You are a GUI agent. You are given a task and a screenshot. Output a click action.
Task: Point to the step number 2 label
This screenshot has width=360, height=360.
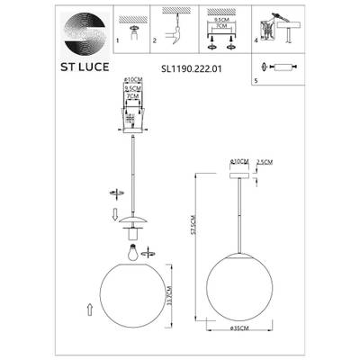[154, 41]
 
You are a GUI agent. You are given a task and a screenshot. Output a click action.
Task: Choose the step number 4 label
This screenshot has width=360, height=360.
[256, 41]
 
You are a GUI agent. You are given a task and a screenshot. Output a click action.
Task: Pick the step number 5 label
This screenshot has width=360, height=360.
[256, 79]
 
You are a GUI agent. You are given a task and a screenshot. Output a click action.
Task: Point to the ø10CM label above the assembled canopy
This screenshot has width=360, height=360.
[238, 161]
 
